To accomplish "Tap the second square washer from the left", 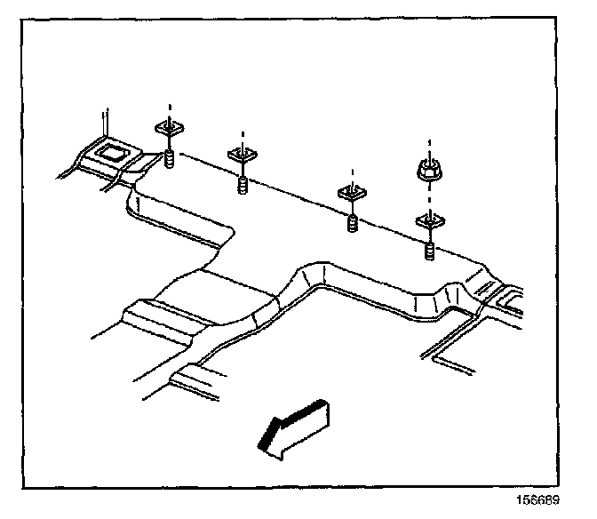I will pyautogui.click(x=243, y=155).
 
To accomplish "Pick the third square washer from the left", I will pyautogui.click(x=354, y=192).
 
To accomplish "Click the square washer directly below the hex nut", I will pyautogui.click(x=430, y=219).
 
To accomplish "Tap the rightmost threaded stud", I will pyautogui.click(x=430, y=252).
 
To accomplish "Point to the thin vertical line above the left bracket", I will pyautogui.click(x=105, y=123).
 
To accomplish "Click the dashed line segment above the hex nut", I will pyautogui.click(x=430, y=145).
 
